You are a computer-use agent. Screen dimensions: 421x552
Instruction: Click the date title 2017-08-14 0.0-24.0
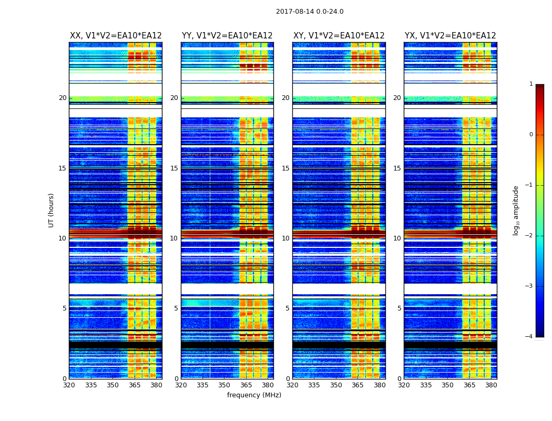pos(310,12)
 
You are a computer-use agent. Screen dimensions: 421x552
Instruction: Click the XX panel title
pos(116,36)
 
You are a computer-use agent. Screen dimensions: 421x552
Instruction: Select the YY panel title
pos(227,36)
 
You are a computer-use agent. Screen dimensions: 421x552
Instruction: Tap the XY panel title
pos(339,36)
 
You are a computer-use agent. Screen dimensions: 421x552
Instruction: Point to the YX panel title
pos(450,36)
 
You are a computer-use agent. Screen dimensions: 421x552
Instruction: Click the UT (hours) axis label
pos(52,210)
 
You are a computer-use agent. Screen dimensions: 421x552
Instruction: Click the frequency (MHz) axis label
pos(254,395)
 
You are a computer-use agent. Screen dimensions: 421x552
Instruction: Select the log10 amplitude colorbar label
pos(516,210)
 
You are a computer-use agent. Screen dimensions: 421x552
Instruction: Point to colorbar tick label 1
pos(531,84)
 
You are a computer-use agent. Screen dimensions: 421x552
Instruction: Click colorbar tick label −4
pos(529,337)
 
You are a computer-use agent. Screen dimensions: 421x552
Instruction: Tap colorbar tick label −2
pos(529,236)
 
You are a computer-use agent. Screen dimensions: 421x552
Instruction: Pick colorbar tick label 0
pos(531,135)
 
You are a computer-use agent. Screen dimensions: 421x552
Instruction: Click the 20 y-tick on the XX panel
pos(63,98)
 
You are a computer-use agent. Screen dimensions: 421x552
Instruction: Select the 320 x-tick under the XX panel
pos(69,385)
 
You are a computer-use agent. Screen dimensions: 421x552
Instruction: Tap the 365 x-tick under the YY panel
pos(246,385)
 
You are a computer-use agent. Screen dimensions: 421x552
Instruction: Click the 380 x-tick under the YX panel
pos(491,385)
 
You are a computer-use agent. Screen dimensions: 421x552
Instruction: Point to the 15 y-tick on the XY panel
pos(285,168)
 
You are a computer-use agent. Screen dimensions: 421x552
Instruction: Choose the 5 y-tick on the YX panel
pos(399,308)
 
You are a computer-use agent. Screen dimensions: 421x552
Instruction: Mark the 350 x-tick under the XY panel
pos(336,385)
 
